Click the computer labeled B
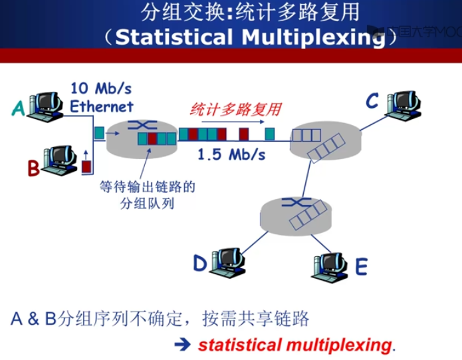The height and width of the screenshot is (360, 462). click(59, 160)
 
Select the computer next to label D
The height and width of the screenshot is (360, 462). click(227, 262)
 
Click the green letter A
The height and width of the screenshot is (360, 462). click(19, 108)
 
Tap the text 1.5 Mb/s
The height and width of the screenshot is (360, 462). click(231, 154)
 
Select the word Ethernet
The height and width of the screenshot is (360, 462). click(102, 106)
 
